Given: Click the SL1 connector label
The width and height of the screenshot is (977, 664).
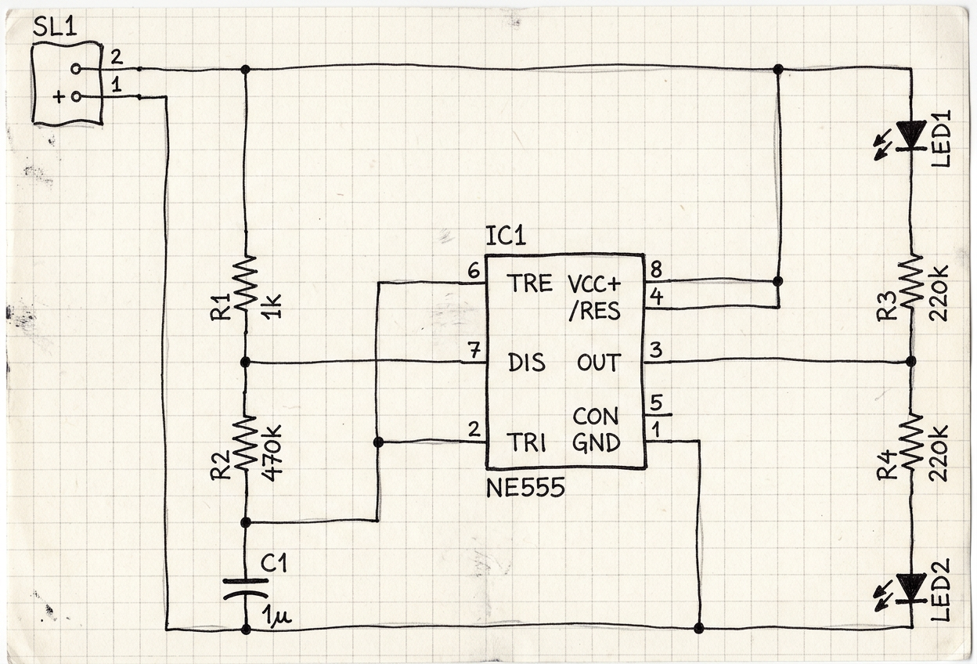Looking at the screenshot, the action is (x=55, y=27).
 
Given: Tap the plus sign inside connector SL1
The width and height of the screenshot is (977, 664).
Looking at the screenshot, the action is (x=59, y=97).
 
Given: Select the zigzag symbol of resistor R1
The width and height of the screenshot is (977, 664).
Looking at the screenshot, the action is (x=246, y=283).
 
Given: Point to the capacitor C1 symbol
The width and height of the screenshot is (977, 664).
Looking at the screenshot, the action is (x=246, y=589).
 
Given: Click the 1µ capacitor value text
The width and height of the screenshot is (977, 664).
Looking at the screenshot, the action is (x=276, y=617).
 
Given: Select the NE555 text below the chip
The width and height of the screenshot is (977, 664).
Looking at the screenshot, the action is (x=525, y=487).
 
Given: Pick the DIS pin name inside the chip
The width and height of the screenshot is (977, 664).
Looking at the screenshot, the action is (x=527, y=363).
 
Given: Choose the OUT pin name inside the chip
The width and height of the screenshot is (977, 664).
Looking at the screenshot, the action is (x=599, y=363).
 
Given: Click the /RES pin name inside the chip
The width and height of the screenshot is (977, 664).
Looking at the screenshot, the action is (x=594, y=311).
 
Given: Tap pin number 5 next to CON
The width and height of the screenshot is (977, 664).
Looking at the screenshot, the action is (x=656, y=402).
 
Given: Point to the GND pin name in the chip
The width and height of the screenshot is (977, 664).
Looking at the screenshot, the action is (x=596, y=443).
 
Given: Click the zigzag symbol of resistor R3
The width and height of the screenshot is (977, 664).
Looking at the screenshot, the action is (x=910, y=283).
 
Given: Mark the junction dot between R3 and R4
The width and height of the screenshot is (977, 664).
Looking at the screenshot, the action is (x=910, y=362).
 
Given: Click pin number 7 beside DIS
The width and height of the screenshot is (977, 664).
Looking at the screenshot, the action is (x=474, y=350).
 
